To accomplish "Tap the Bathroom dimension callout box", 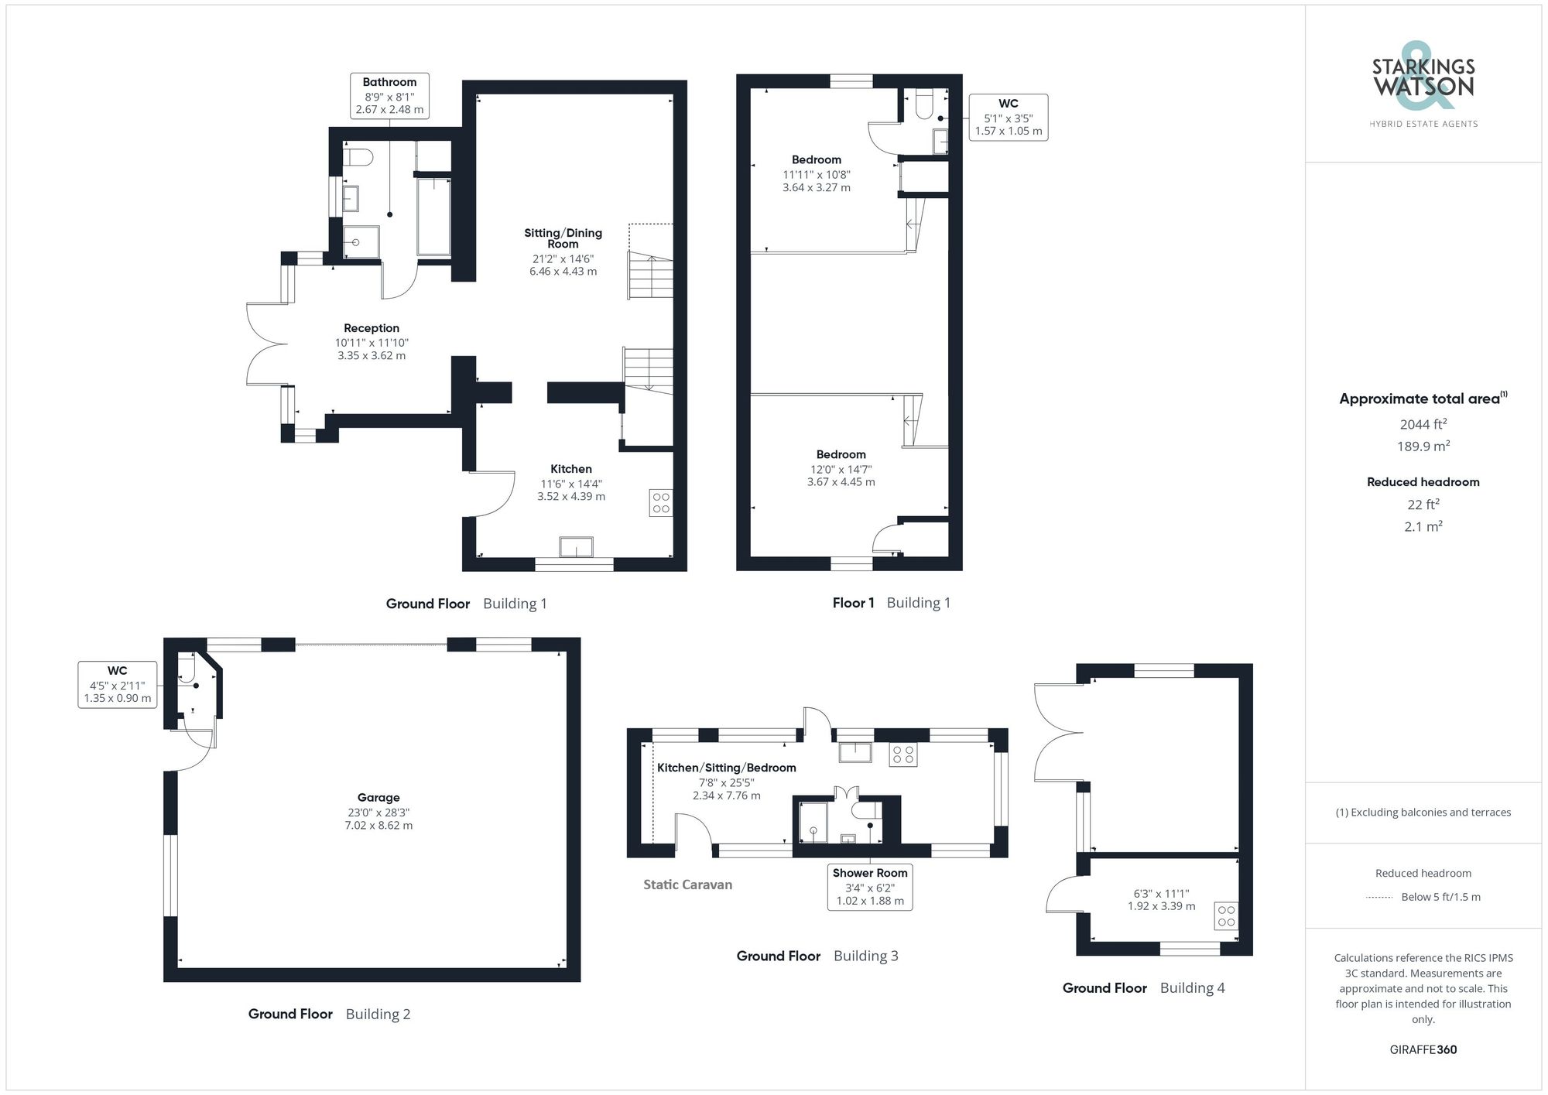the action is [389, 96].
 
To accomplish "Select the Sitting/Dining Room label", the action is [563, 238].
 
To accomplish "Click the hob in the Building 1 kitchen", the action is [661, 502].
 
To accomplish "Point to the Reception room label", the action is [372, 328].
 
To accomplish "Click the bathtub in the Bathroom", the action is [433, 216].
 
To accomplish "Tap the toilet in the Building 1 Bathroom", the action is [358, 158].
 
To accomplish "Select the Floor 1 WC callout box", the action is [1009, 117].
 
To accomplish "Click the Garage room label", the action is [378, 798].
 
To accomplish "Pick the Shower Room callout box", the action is [870, 887].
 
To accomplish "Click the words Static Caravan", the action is [687, 885].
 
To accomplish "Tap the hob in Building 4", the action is [1226, 916].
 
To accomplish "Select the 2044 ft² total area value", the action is [1423, 424].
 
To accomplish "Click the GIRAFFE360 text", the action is [1423, 1050].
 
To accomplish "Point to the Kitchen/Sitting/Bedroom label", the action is [727, 768].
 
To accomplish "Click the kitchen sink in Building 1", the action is [577, 547].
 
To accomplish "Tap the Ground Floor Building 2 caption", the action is [329, 1014].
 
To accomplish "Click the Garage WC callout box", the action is [118, 685].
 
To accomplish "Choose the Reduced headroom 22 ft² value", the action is [1423, 505].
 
